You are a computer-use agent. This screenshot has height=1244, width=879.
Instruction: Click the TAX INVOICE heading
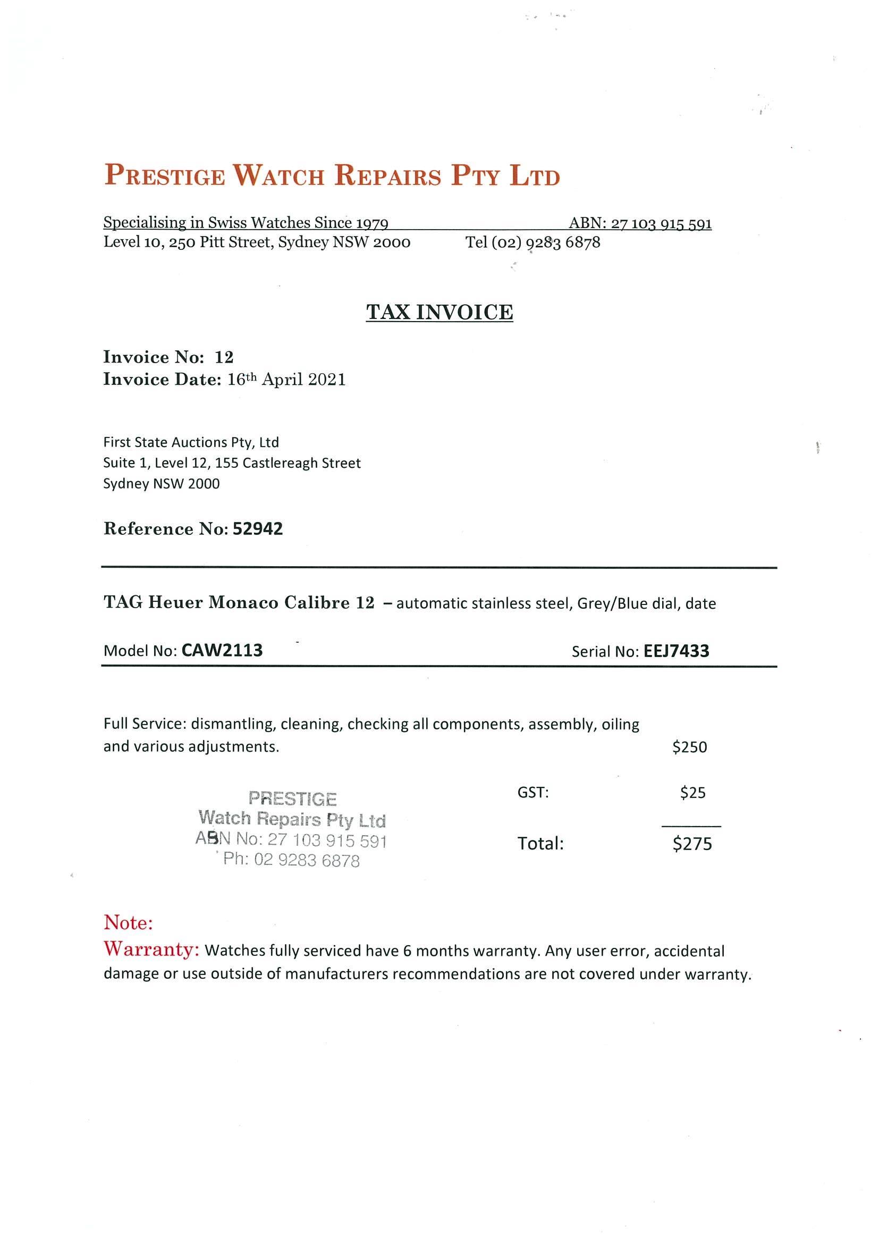439,312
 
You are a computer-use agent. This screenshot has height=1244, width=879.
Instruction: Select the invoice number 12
224,357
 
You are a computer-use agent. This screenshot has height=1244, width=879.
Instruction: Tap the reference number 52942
258,529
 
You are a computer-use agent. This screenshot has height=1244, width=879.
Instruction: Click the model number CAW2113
222,650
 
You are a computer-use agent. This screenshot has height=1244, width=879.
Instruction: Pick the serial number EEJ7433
676,651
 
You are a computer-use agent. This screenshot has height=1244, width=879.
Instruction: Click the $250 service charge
689,747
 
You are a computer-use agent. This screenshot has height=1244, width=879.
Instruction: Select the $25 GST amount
692,793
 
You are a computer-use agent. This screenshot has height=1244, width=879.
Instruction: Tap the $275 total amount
692,844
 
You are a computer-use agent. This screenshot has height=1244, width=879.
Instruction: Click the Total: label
540,844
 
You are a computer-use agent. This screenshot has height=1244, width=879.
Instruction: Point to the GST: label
533,793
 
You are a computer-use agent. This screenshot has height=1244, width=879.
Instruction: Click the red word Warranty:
151,949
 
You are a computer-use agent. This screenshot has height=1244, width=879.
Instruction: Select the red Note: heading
129,923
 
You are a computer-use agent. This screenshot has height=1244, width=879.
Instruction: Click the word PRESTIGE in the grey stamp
292,798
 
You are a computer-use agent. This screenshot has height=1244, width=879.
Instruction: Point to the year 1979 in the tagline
371,223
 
